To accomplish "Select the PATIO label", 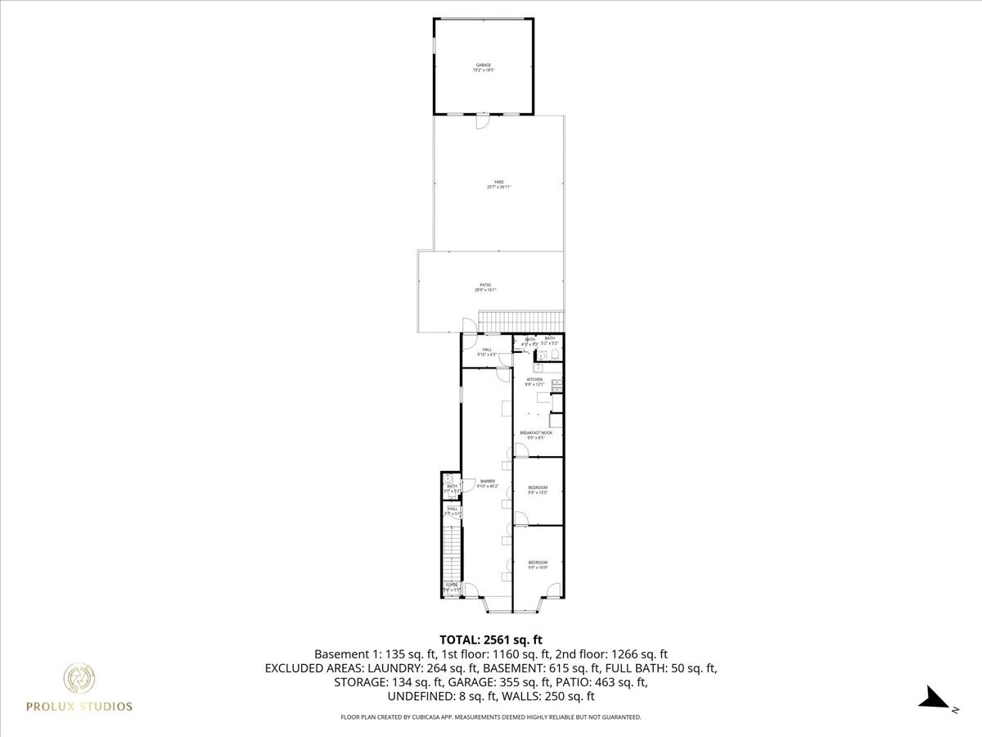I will [x=485, y=287].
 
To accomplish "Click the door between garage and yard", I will [x=482, y=120].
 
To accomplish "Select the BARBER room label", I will [x=488, y=484].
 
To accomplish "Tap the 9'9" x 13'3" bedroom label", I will [x=538, y=490].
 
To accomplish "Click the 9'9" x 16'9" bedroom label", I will [x=538, y=564].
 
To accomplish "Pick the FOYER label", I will [x=452, y=586].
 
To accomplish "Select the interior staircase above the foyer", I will [x=451, y=553].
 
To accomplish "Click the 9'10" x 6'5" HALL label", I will [x=487, y=351].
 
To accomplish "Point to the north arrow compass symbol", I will [x=933, y=699].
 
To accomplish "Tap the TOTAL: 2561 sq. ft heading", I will [x=491, y=639].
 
